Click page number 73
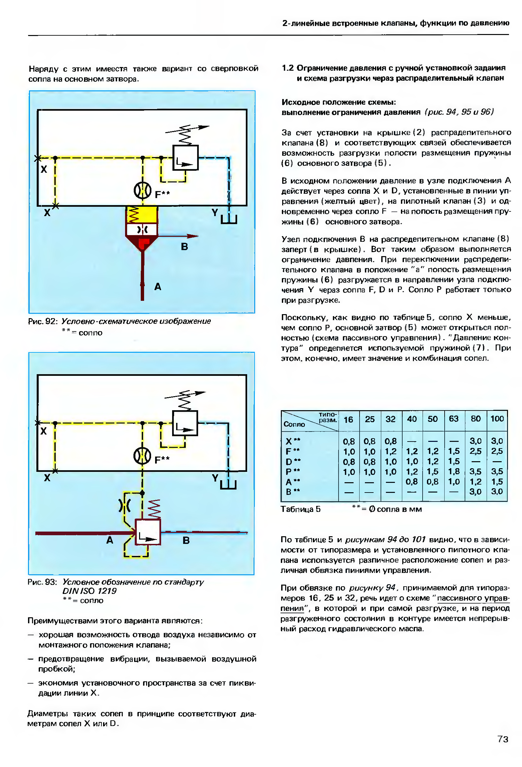coord(503,739)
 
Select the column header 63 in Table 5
coord(454,419)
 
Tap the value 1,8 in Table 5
coord(454,472)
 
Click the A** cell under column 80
coord(475,482)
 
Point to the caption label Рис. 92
coord(43,321)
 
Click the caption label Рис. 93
coord(42,582)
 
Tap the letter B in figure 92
coord(184,247)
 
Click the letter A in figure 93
coord(109,540)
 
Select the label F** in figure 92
coord(162,194)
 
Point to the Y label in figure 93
coord(215,478)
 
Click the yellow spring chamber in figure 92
coord(142,214)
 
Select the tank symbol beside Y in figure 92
coord(229,219)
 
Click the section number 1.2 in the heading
coord(288,68)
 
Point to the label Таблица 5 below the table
coord(301,509)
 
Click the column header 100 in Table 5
coord(497,419)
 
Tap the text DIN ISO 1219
coord(89,591)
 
